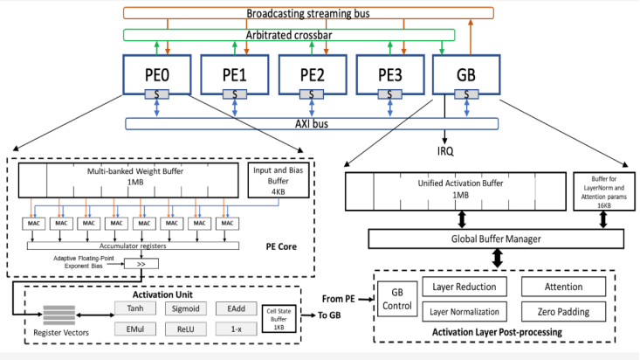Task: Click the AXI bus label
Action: click(x=306, y=123)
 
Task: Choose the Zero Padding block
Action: click(x=562, y=312)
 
